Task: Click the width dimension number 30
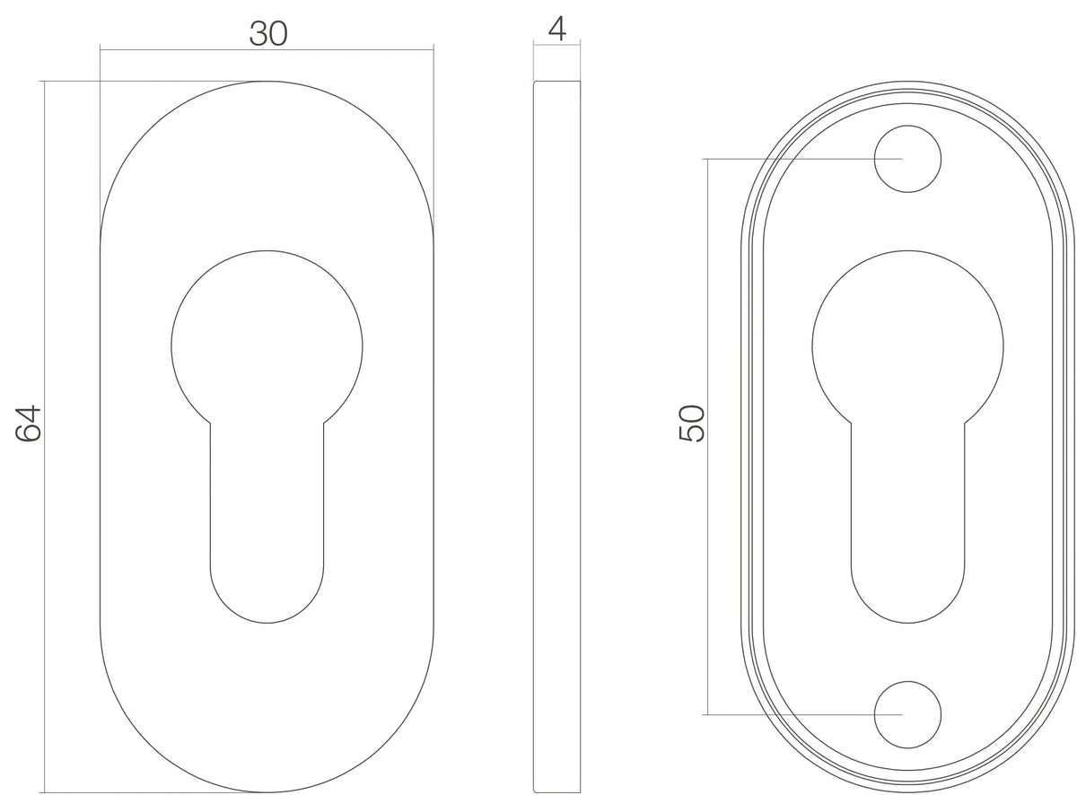pos(268,33)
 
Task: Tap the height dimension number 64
pos(28,423)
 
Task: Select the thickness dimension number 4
pos(557,28)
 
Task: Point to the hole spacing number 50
pos(691,423)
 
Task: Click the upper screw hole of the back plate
pos(907,159)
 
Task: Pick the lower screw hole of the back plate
pos(907,715)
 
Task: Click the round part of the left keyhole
pos(267,340)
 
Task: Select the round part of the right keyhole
pos(907,340)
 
